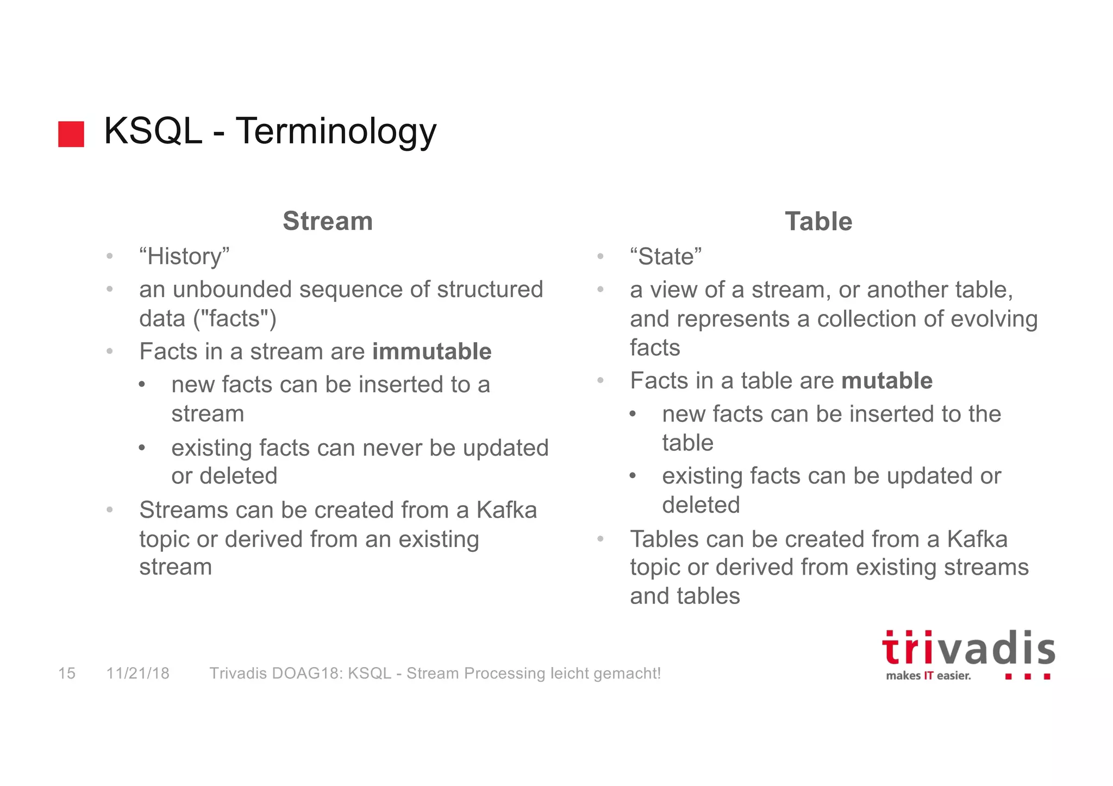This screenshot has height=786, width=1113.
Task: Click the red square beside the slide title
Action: (71, 134)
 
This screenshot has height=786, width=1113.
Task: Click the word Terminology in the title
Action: (336, 131)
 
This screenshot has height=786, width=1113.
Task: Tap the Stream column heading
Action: (328, 221)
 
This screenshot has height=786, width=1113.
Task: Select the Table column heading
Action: (818, 222)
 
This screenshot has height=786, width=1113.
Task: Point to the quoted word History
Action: (185, 256)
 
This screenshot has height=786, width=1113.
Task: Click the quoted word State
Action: (666, 256)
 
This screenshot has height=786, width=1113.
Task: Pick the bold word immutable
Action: (432, 351)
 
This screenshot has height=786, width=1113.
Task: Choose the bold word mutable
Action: (887, 381)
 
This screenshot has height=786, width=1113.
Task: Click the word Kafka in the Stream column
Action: (507, 510)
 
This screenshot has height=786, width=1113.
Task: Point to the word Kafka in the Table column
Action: (977, 539)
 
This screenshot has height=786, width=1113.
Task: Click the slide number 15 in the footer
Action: (67, 674)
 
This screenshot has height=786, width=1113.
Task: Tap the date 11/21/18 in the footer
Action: (138, 674)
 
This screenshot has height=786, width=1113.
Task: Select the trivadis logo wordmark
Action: (968, 649)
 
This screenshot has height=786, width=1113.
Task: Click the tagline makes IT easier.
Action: (928, 676)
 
